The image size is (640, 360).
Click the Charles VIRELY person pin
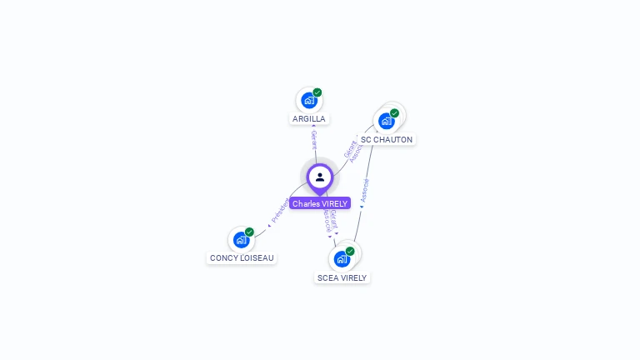[x=319, y=177]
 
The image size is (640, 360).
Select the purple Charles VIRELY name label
[x=320, y=203]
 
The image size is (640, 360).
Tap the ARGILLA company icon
[x=309, y=101]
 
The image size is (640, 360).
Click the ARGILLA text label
[x=309, y=119]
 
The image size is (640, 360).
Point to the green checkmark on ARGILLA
[x=317, y=92]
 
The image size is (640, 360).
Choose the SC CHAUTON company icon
[x=387, y=122]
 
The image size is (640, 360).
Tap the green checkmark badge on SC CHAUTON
[x=395, y=113]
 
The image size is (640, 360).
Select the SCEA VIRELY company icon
[x=342, y=259]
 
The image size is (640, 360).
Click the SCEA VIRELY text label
[x=342, y=277]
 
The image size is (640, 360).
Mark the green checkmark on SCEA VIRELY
[x=350, y=251]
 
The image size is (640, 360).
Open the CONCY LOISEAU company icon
[x=241, y=240]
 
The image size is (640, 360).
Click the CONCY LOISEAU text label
[x=242, y=258]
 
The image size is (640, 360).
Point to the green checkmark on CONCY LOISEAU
[x=249, y=232]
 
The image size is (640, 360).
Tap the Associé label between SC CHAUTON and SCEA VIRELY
[x=365, y=190]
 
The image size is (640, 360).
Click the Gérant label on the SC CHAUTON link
[x=350, y=150]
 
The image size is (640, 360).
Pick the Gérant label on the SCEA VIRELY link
[x=333, y=220]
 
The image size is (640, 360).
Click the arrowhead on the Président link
[x=270, y=224]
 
